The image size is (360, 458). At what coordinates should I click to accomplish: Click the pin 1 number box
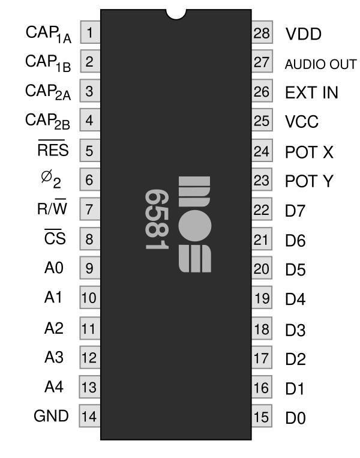[x=89, y=34]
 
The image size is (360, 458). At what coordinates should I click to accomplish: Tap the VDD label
[x=304, y=34]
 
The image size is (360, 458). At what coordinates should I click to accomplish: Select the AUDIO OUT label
[x=320, y=64]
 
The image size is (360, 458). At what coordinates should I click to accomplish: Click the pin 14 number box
[x=89, y=416]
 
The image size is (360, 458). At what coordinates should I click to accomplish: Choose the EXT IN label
[x=312, y=93]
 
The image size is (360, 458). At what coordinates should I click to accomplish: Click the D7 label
[x=296, y=211]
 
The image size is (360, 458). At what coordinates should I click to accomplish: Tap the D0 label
[x=296, y=417]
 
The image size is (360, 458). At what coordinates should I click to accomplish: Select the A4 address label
[x=53, y=386]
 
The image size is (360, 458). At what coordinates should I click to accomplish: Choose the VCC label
[x=302, y=122]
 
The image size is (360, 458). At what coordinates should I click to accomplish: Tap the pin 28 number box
[x=261, y=34]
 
